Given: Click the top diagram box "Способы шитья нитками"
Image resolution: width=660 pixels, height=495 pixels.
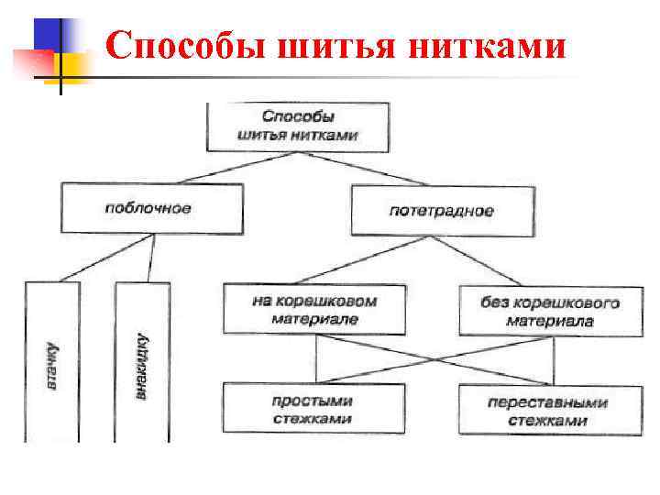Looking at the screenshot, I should click(298, 126).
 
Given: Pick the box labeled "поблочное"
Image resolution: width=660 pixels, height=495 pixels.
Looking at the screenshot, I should click(152, 208).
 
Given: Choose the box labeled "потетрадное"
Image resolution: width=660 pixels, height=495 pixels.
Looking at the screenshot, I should click(442, 210).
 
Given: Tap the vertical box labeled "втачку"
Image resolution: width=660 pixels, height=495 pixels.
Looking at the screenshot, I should click(53, 362).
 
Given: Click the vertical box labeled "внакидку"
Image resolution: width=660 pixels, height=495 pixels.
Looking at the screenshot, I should click(142, 362).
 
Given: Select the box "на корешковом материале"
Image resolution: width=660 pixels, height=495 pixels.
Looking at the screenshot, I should click(313, 309).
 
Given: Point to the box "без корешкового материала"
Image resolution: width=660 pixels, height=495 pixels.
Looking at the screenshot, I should click(550, 311).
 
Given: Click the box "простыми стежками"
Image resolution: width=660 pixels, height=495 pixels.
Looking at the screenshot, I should click(313, 410).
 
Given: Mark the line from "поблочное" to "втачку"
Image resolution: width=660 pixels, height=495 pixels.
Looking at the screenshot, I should click(105, 258).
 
